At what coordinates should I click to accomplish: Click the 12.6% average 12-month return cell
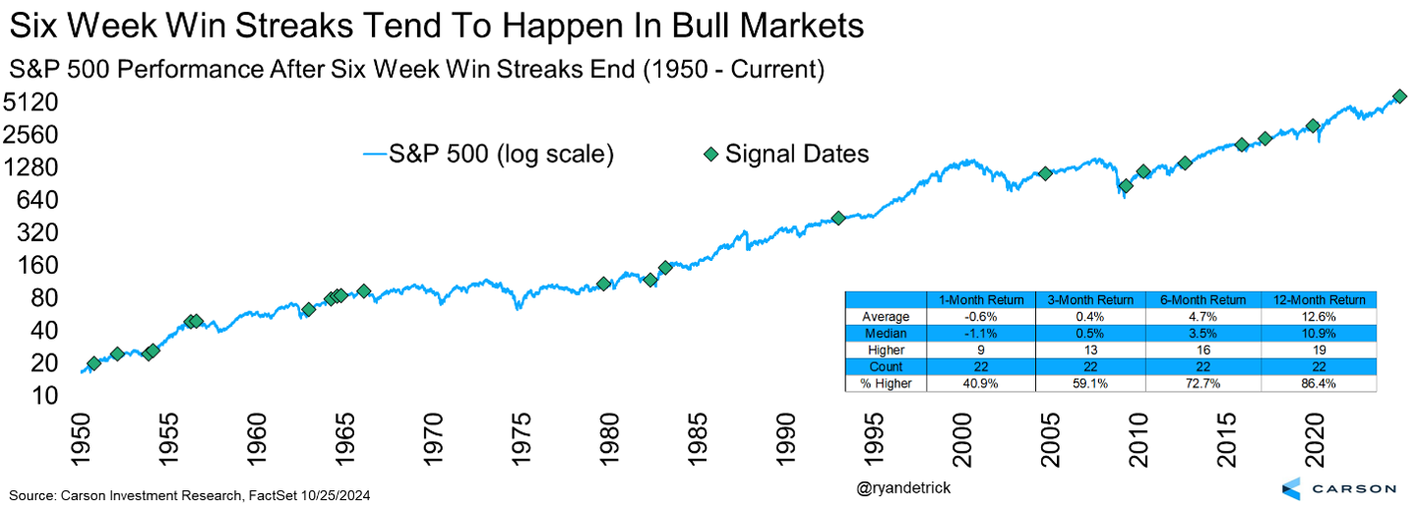[1319, 317]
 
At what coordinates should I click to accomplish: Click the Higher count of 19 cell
[1319, 351]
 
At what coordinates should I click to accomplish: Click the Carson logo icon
[1291, 489]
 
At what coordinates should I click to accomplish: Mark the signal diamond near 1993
[838, 218]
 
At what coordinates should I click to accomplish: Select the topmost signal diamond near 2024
[1398, 96]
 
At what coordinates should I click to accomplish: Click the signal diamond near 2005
[1045, 173]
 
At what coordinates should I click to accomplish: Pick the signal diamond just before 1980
[604, 284]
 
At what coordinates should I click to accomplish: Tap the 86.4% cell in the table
[1319, 383]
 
